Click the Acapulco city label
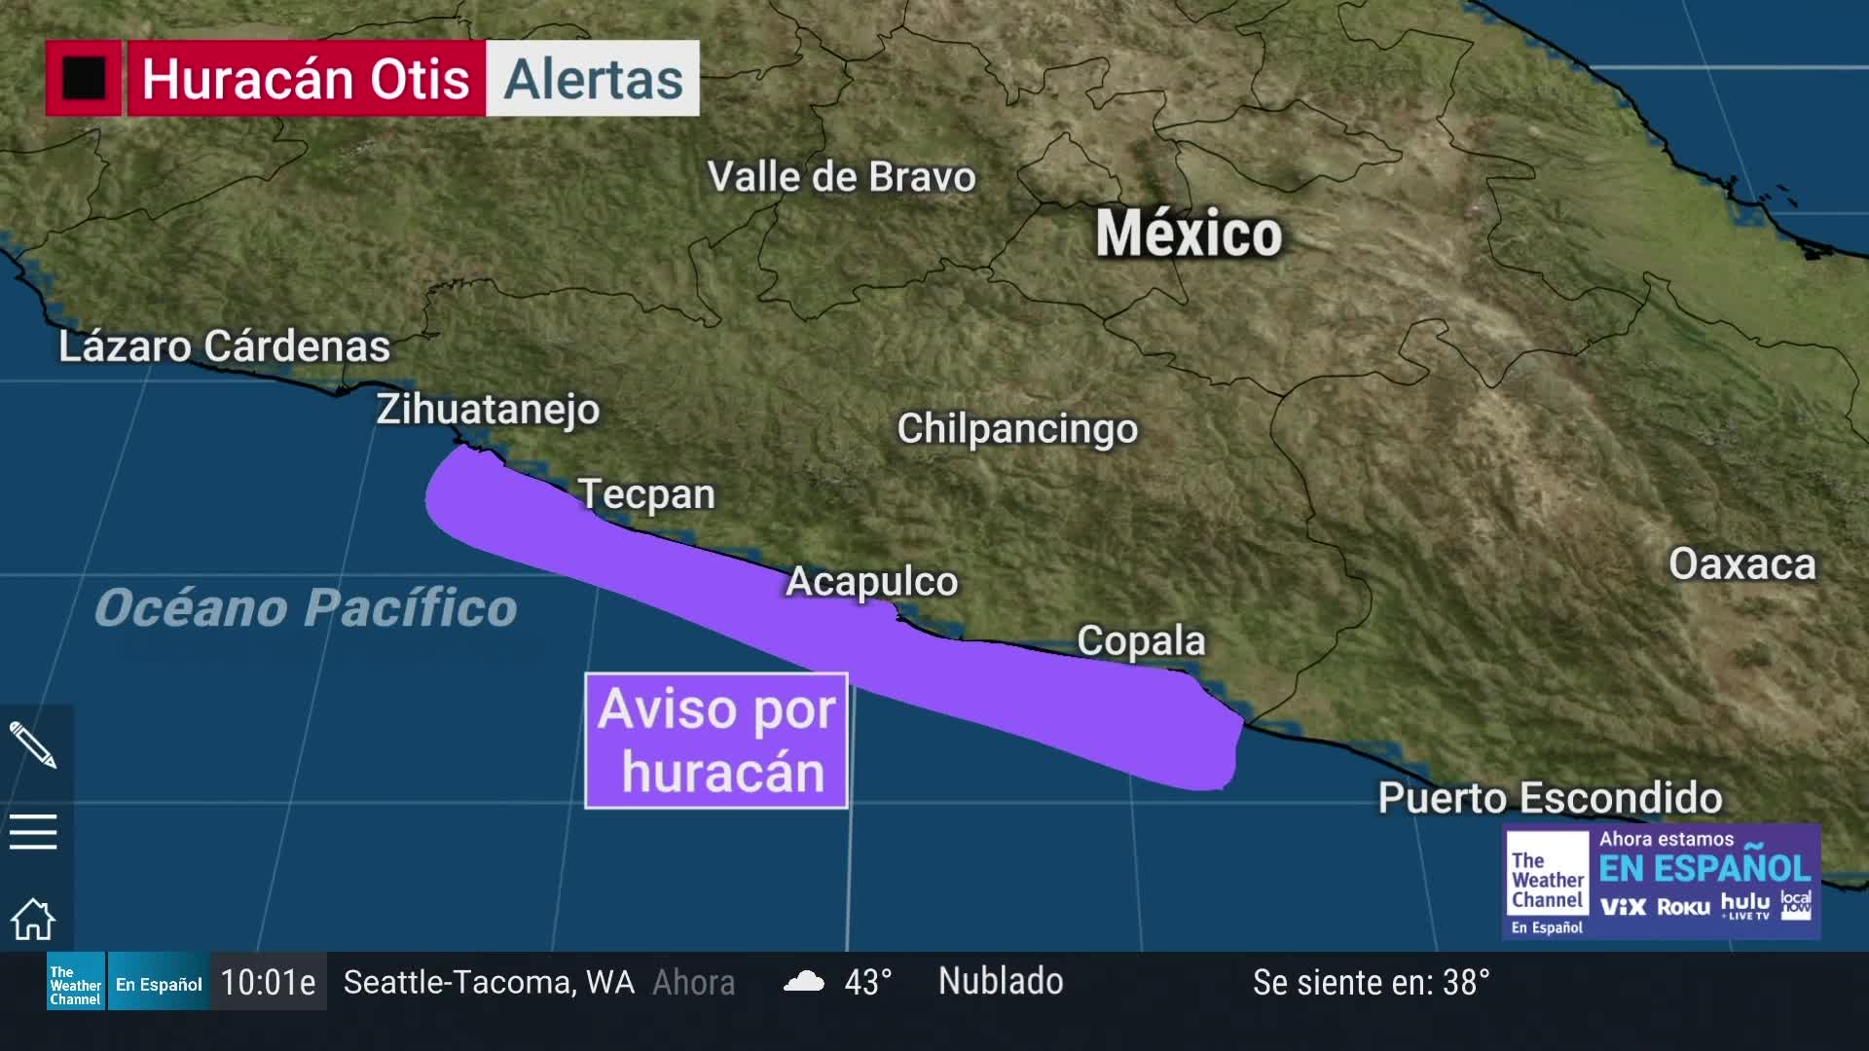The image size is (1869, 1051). coord(871,581)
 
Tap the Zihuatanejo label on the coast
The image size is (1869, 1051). coord(488,410)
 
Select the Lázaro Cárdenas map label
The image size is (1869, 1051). coord(224,346)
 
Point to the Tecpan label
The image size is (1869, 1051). coord(646,494)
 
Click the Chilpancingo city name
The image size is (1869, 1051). coord(1017,428)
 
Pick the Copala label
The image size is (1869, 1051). coord(1141,640)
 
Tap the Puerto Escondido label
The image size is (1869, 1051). coord(1550,798)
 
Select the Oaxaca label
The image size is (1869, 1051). coord(1741,564)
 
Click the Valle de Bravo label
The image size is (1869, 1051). coord(841,177)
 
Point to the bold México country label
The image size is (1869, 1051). coord(1189,234)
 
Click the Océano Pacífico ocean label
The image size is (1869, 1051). coord(306,608)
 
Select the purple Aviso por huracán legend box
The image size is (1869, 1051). coord(716,741)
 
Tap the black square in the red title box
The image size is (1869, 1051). coord(84,79)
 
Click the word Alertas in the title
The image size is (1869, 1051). coord(593,79)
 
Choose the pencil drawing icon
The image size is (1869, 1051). coord(33,745)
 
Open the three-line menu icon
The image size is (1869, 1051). coord(33,832)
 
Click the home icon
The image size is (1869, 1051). coord(33,919)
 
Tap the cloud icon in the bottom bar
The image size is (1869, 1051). coord(804,981)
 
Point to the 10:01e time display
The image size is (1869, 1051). coord(268,982)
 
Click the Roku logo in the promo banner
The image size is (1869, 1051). coord(1683,907)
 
